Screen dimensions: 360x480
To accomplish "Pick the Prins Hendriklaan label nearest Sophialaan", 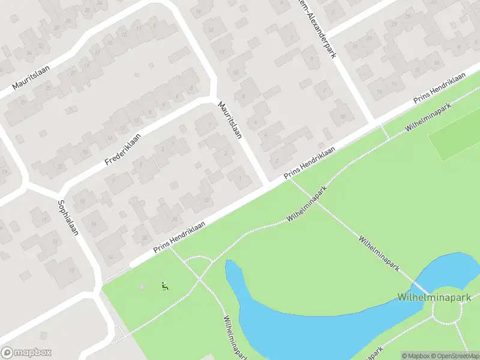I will click(179, 236).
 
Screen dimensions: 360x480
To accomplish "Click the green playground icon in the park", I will click(164, 286).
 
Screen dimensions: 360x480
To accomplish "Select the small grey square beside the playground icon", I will click(142, 286).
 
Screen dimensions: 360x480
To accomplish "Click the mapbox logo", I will click(26, 353).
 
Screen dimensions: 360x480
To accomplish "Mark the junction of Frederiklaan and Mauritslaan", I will click(211, 99).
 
